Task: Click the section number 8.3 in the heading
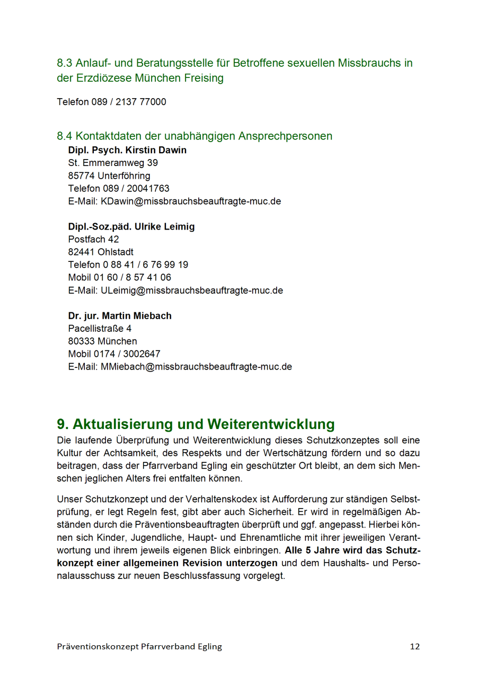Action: (x=65, y=63)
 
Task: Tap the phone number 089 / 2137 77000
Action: (x=128, y=102)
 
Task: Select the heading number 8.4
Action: (x=65, y=136)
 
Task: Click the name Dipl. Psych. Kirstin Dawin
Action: (x=127, y=150)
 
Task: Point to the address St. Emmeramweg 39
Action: (x=113, y=163)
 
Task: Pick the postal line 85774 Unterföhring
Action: (x=109, y=176)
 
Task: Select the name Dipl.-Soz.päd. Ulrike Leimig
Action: (x=131, y=226)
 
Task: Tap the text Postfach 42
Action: (x=94, y=239)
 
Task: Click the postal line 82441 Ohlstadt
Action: (x=101, y=252)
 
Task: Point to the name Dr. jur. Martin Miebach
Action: (x=120, y=316)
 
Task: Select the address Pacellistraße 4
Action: (x=100, y=329)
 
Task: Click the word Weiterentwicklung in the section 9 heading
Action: (x=271, y=424)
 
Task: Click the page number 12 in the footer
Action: (x=414, y=646)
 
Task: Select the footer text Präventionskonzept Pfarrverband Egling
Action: (x=139, y=646)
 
